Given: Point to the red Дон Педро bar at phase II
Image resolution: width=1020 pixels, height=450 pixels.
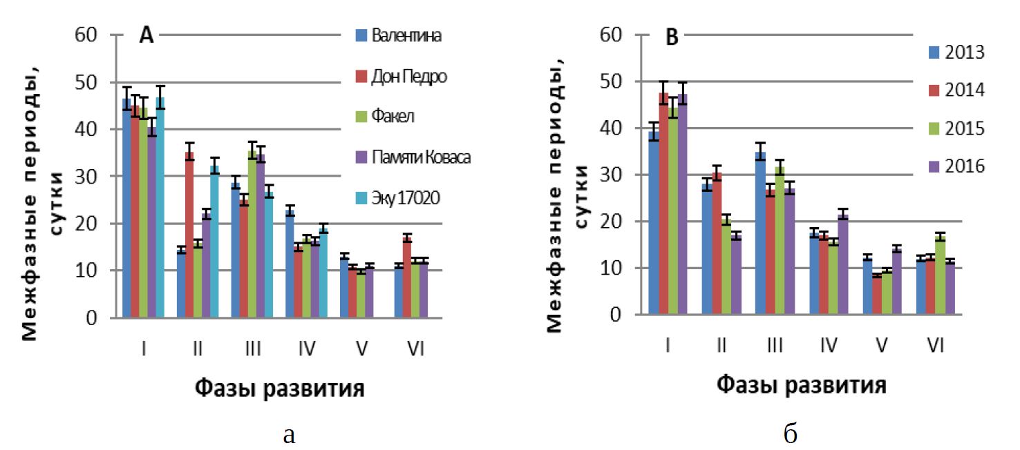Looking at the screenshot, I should pyautogui.click(x=189, y=235).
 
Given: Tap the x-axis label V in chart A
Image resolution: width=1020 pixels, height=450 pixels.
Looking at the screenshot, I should pyautogui.click(x=361, y=349).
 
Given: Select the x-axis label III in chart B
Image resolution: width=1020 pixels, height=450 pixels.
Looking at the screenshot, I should pyautogui.click(x=775, y=346).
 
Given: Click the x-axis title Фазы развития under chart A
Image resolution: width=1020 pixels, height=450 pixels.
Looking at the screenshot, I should pyautogui.click(x=278, y=389).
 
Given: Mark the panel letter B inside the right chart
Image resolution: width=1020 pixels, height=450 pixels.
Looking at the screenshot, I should pyautogui.click(x=671, y=39).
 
